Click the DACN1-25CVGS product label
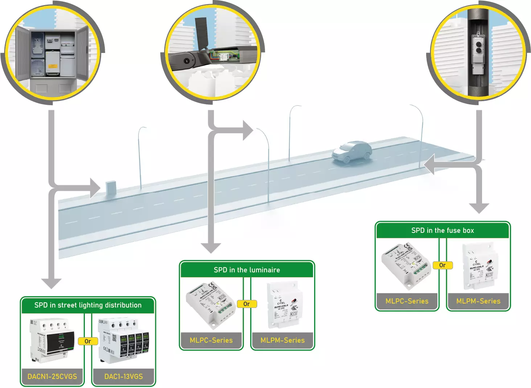[52, 376]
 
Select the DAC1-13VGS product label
[123, 376]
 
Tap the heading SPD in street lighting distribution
[88, 305]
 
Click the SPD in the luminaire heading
[247, 270]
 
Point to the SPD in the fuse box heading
[442, 230]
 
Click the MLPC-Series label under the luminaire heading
[211, 340]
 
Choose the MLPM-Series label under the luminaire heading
[282, 340]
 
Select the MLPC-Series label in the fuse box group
[407, 301]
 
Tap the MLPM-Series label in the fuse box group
[478, 301]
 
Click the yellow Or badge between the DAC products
[88, 341]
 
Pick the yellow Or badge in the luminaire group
[247, 304]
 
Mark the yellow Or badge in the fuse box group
[442, 265]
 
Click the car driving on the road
[351, 152]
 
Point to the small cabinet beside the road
[111, 189]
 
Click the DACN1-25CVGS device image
[52, 341]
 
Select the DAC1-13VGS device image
[124, 341]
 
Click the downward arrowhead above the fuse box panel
[479, 208]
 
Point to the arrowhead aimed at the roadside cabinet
[95, 188]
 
